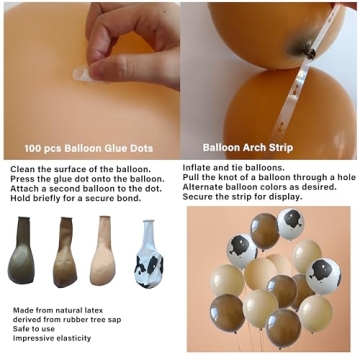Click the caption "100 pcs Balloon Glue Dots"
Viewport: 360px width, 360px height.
coord(89,148)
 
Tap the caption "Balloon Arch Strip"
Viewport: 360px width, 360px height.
coord(248,147)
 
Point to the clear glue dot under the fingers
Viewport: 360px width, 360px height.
coord(81,73)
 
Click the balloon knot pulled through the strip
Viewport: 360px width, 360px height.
coord(310,52)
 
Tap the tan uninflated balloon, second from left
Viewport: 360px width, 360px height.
coord(65,252)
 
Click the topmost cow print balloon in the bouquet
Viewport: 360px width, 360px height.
coord(291,224)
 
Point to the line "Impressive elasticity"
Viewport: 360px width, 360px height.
coord(52,338)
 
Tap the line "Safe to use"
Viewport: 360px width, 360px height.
coord(34,329)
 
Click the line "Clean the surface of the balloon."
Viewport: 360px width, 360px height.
coord(81,169)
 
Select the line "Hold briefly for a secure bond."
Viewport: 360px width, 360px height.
coord(76,198)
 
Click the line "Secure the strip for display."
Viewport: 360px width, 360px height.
coord(242,197)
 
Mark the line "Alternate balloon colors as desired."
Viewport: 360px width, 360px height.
coord(259,187)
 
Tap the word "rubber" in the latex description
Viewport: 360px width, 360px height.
coord(75,320)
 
